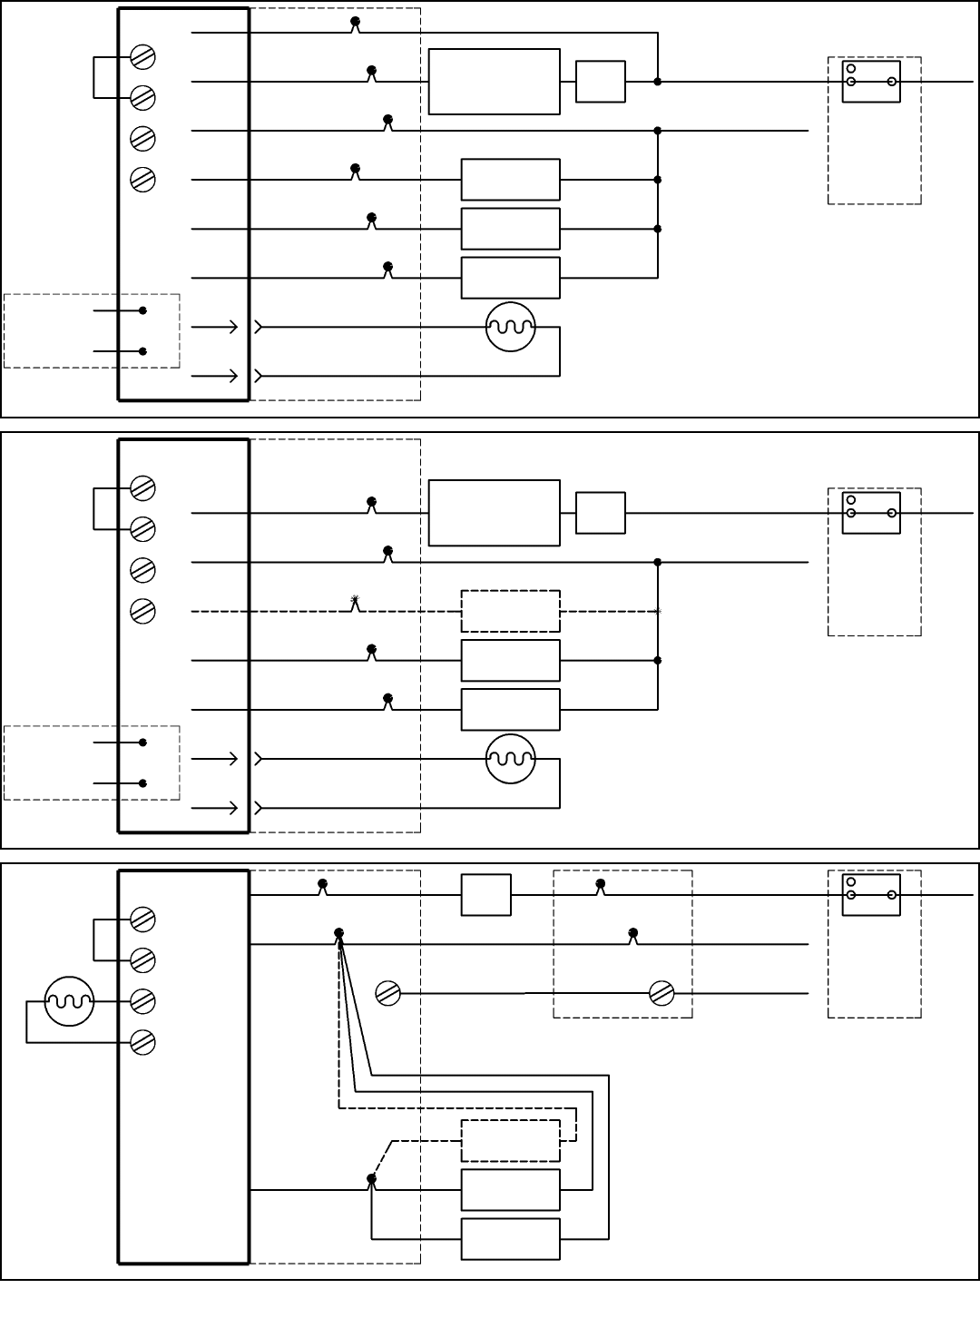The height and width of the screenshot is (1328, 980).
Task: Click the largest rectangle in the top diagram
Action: click(494, 82)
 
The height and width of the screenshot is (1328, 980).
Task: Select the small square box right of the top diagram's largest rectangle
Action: click(600, 82)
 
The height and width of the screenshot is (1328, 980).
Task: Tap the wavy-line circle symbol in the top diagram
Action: click(511, 327)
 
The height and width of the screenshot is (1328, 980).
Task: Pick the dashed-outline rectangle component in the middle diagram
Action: click(510, 611)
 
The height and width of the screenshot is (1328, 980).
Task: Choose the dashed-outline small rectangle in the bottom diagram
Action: click(510, 1141)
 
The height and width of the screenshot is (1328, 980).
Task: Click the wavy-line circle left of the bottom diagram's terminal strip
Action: click(70, 1001)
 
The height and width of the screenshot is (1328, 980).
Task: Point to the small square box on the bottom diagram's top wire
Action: click(485, 895)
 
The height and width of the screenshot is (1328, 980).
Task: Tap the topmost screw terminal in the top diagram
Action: click(142, 56)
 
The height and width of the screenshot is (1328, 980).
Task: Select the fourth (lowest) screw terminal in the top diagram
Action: click(142, 179)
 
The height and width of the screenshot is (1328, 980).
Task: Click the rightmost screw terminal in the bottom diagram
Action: click(662, 993)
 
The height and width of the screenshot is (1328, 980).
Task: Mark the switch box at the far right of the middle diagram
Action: click(871, 513)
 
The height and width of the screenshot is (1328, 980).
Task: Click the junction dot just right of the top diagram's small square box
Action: click(658, 82)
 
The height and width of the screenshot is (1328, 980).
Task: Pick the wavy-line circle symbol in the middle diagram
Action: click(511, 759)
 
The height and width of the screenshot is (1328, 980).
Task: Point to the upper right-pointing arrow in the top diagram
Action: click(228, 327)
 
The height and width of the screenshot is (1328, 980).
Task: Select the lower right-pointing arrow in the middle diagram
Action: click(228, 807)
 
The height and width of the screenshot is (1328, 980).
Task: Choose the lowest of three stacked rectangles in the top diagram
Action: click(510, 278)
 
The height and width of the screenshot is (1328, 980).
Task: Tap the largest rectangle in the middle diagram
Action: click(494, 513)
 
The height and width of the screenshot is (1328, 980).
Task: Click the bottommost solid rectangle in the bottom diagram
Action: click(510, 1239)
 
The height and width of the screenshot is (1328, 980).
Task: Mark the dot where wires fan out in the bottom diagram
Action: click(339, 933)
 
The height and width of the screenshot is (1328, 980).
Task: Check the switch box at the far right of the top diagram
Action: click(871, 82)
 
